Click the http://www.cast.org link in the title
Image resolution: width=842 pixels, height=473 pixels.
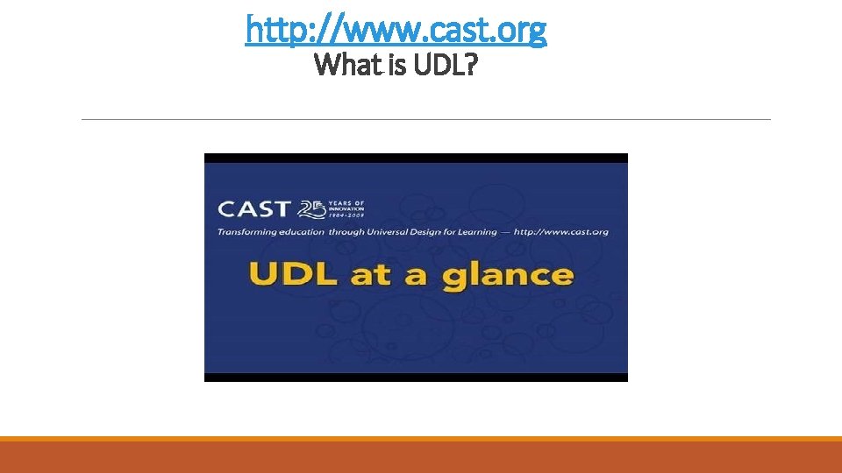[x=396, y=30]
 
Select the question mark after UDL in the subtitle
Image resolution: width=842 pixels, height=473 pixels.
[x=468, y=64]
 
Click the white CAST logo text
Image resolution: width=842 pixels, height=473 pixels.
[x=253, y=209]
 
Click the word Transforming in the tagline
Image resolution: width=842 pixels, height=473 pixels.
[x=248, y=232]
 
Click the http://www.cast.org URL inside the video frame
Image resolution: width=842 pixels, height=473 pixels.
[x=562, y=232]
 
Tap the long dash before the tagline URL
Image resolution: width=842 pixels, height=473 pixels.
[x=506, y=232]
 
